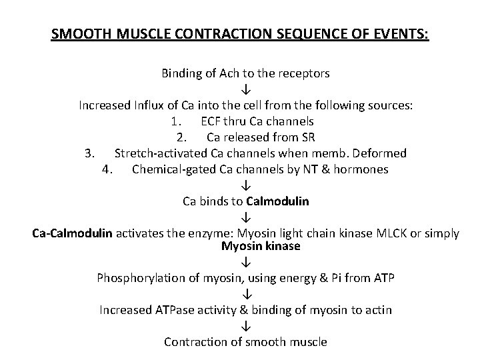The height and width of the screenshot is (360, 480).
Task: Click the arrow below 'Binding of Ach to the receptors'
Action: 245,89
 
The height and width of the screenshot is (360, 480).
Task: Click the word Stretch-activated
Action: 159,153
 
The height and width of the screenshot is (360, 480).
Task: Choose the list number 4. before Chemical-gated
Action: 107,169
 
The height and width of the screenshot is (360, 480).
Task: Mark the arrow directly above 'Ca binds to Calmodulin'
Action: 245,185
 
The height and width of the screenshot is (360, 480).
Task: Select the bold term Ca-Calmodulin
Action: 73,233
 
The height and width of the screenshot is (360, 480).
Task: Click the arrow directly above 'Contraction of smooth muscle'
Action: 245,327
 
